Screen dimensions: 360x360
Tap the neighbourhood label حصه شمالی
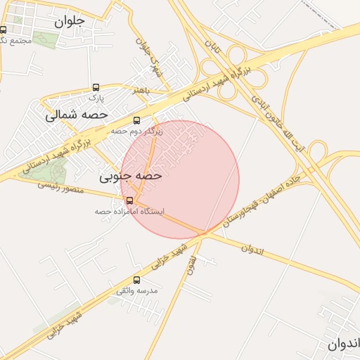coord(77,115)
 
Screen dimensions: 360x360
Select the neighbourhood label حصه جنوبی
coord(131,176)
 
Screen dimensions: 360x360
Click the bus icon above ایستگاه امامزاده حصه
coord(128,200)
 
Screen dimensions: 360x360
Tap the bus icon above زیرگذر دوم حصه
coord(136,120)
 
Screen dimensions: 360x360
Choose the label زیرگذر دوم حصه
coord(136,131)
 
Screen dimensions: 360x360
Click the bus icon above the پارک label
coord(96,88)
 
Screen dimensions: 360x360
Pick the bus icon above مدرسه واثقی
coord(137,280)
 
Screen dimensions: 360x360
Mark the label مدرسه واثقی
coord(138,290)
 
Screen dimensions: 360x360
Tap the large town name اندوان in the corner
coord(343,345)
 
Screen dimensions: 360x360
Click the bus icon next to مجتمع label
coord(4,30)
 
